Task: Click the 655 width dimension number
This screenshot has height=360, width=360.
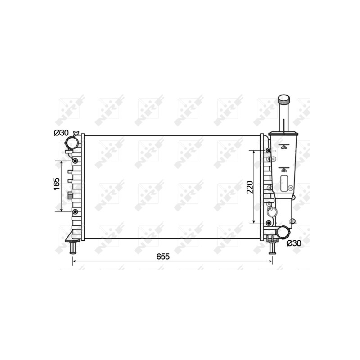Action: click(163, 256)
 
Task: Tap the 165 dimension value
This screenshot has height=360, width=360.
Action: click(57, 184)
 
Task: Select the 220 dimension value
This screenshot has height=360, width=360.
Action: click(250, 187)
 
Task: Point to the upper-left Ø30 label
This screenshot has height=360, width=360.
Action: click(61, 133)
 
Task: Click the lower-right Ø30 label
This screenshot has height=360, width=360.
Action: click(294, 243)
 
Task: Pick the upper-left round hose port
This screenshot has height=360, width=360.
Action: click(72, 143)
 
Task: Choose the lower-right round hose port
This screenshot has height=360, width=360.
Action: click(283, 232)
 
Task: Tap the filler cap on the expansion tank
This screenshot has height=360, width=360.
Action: click(284, 99)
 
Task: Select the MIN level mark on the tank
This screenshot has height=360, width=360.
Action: click(284, 170)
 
